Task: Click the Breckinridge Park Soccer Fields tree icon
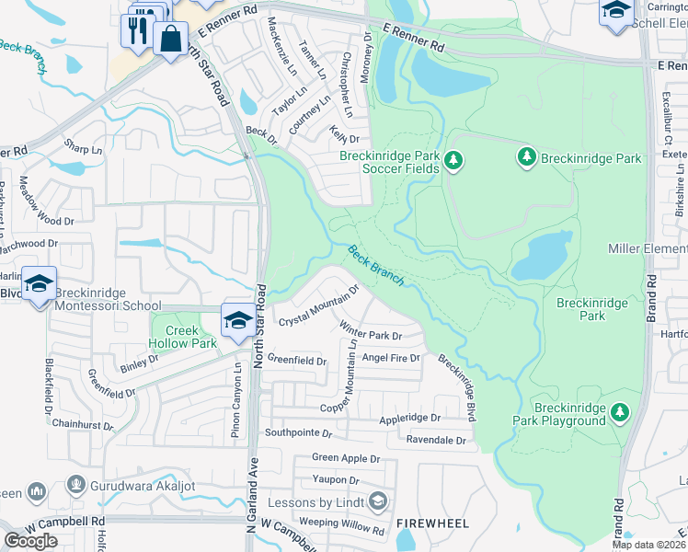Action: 453,162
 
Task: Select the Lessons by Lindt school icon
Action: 376,501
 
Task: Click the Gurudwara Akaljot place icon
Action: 75,484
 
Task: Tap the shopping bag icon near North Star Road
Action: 170,41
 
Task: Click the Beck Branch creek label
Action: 374,267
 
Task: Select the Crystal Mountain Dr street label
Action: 318,307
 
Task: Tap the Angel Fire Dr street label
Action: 391,357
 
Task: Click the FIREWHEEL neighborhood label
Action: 432,523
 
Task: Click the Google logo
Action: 30,541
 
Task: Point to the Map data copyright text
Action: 649,545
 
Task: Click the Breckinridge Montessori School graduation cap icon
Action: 39,283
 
